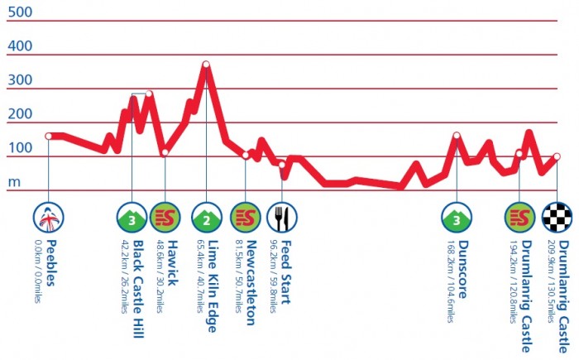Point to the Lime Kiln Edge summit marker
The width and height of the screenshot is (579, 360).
click(206, 65)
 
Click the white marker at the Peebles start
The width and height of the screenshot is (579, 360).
click(49, 136)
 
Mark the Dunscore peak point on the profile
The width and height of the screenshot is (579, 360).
click(456, 136)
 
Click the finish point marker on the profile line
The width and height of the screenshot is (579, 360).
click(557, 156)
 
